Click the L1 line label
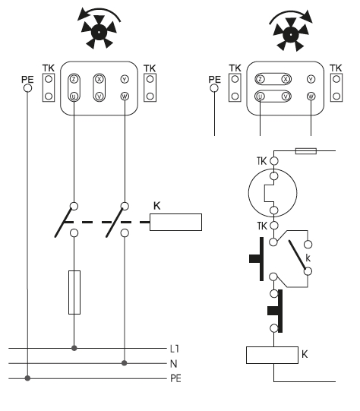(x=174, y=349)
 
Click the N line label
(x=173, y=364)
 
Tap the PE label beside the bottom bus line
(x=175, y=378)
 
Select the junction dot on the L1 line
(x=74, y=348)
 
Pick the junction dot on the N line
(x=125, y=363)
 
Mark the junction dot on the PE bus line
(x=27, y=378)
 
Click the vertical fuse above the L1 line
(x=74, y=292)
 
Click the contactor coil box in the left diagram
(x=175, y=223)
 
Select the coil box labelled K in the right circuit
(x=272, y=356)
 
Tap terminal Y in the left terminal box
(x=125, y=79)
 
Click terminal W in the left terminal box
(x=125, y=96)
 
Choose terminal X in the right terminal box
(x=286, y=79)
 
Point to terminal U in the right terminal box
(x=260, y=96)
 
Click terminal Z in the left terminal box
(x=74, y=79)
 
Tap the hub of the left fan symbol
(x=99, y=32)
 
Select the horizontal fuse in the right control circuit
(x=306, y=151)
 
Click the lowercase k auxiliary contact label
(x=308, y=258)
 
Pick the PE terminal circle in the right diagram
(x=214, y=88)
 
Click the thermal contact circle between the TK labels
(x=273, y=193)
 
